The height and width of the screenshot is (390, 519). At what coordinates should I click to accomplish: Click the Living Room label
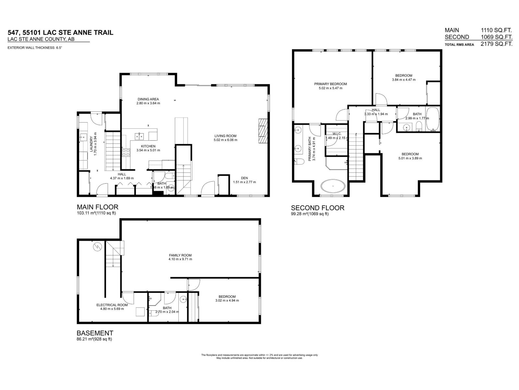tap(225, 136)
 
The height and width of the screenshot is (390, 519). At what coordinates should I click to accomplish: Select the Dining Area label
tap(148, 99)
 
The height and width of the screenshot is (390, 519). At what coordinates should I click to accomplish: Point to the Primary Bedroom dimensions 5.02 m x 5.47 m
tap(330, 88)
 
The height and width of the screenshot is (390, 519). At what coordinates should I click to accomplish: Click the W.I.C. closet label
tap(336, 134)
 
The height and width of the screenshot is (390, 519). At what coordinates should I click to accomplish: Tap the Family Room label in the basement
tap(180, 255)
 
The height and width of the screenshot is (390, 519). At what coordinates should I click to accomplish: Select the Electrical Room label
tap(112, 305)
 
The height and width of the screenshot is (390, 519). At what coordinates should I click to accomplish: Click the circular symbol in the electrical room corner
tap(97, 248)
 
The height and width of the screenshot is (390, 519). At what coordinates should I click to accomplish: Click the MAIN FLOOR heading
tap(97, 207)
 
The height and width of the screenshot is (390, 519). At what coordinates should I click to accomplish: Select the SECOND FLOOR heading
tap(317, 208)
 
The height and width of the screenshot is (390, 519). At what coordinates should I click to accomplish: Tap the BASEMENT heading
tap(95, 333)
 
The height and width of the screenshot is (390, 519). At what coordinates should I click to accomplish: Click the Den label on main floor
tap(244, 178)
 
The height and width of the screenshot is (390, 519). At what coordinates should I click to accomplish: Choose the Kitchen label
tap(148, 146)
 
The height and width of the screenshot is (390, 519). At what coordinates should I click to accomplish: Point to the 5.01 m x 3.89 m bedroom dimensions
tap(410, 158)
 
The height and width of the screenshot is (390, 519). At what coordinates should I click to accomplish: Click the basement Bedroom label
tap(227, 296)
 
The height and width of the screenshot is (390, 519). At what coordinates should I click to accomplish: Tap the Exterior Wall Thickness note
tap(35, 48)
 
